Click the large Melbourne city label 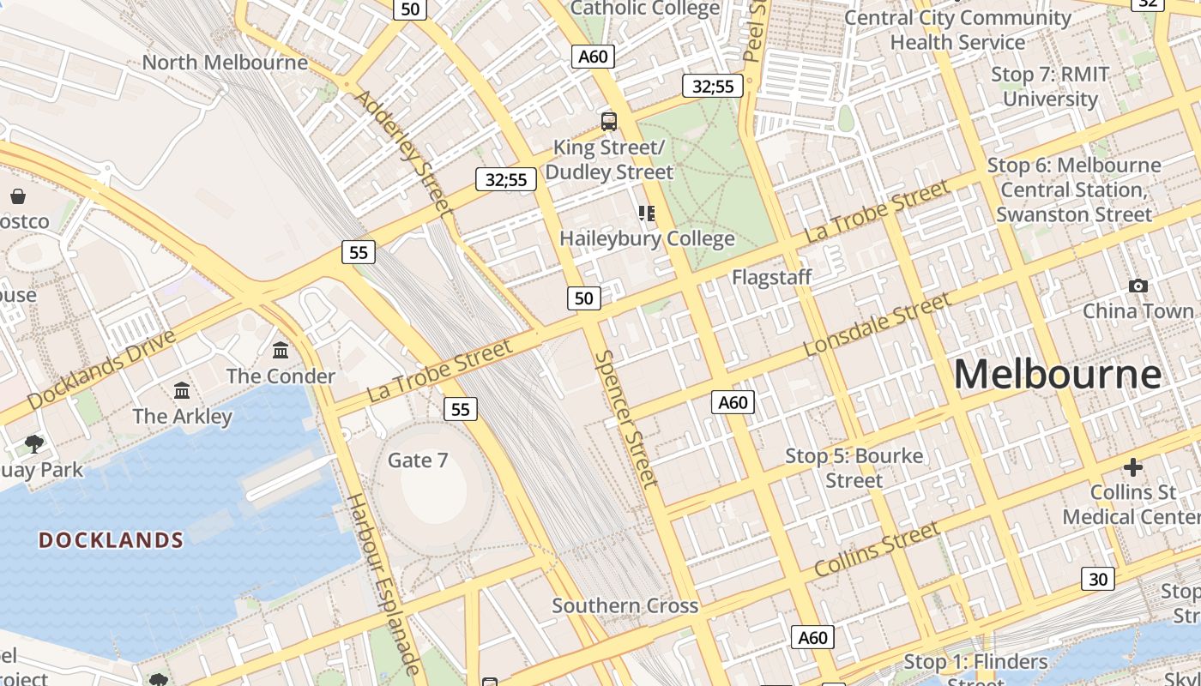pos(1057,375)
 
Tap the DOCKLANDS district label pos(112,540)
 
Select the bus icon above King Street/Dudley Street pos(609,122)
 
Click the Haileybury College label pos(647,238)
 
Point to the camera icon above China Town pos(1138,286)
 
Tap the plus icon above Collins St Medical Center pos(1133,467)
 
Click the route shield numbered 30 pos(1098,579)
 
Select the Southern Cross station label pos(625,605)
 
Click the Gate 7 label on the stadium pos(418,460)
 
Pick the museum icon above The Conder pos(281,350)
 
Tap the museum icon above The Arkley pos(182,391)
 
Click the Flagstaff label pos(771,277)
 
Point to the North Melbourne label pos(225,63)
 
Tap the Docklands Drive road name pos(101,370)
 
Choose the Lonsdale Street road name pos(877,324)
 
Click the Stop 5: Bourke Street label pos(854,467)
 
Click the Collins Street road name pos(876,551)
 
